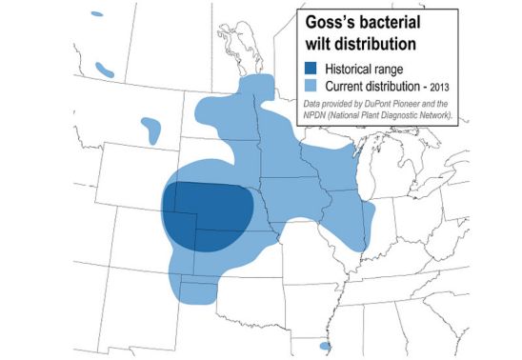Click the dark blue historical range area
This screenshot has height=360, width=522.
(x=205, y=214)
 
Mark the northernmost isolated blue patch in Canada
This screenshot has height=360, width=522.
(x=95, y=15)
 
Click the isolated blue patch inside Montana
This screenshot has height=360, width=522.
(x=151, y=128)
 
